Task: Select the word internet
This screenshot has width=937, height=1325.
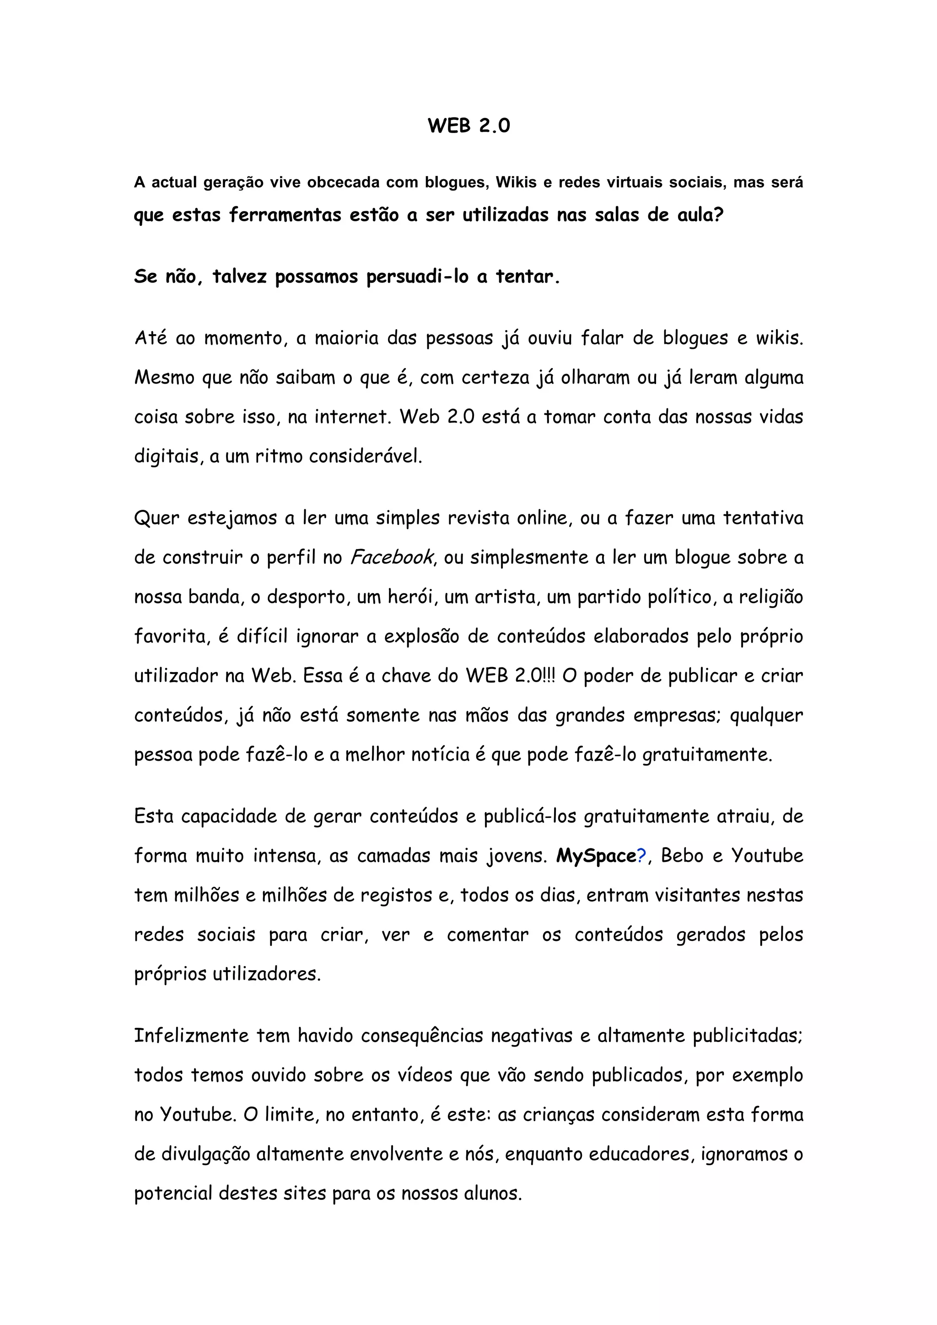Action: (351, 417)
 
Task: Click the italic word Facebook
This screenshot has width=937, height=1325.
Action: (391, 557)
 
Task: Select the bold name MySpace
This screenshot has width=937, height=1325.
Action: (595, 856)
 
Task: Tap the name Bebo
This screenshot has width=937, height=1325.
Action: (682, 856)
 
